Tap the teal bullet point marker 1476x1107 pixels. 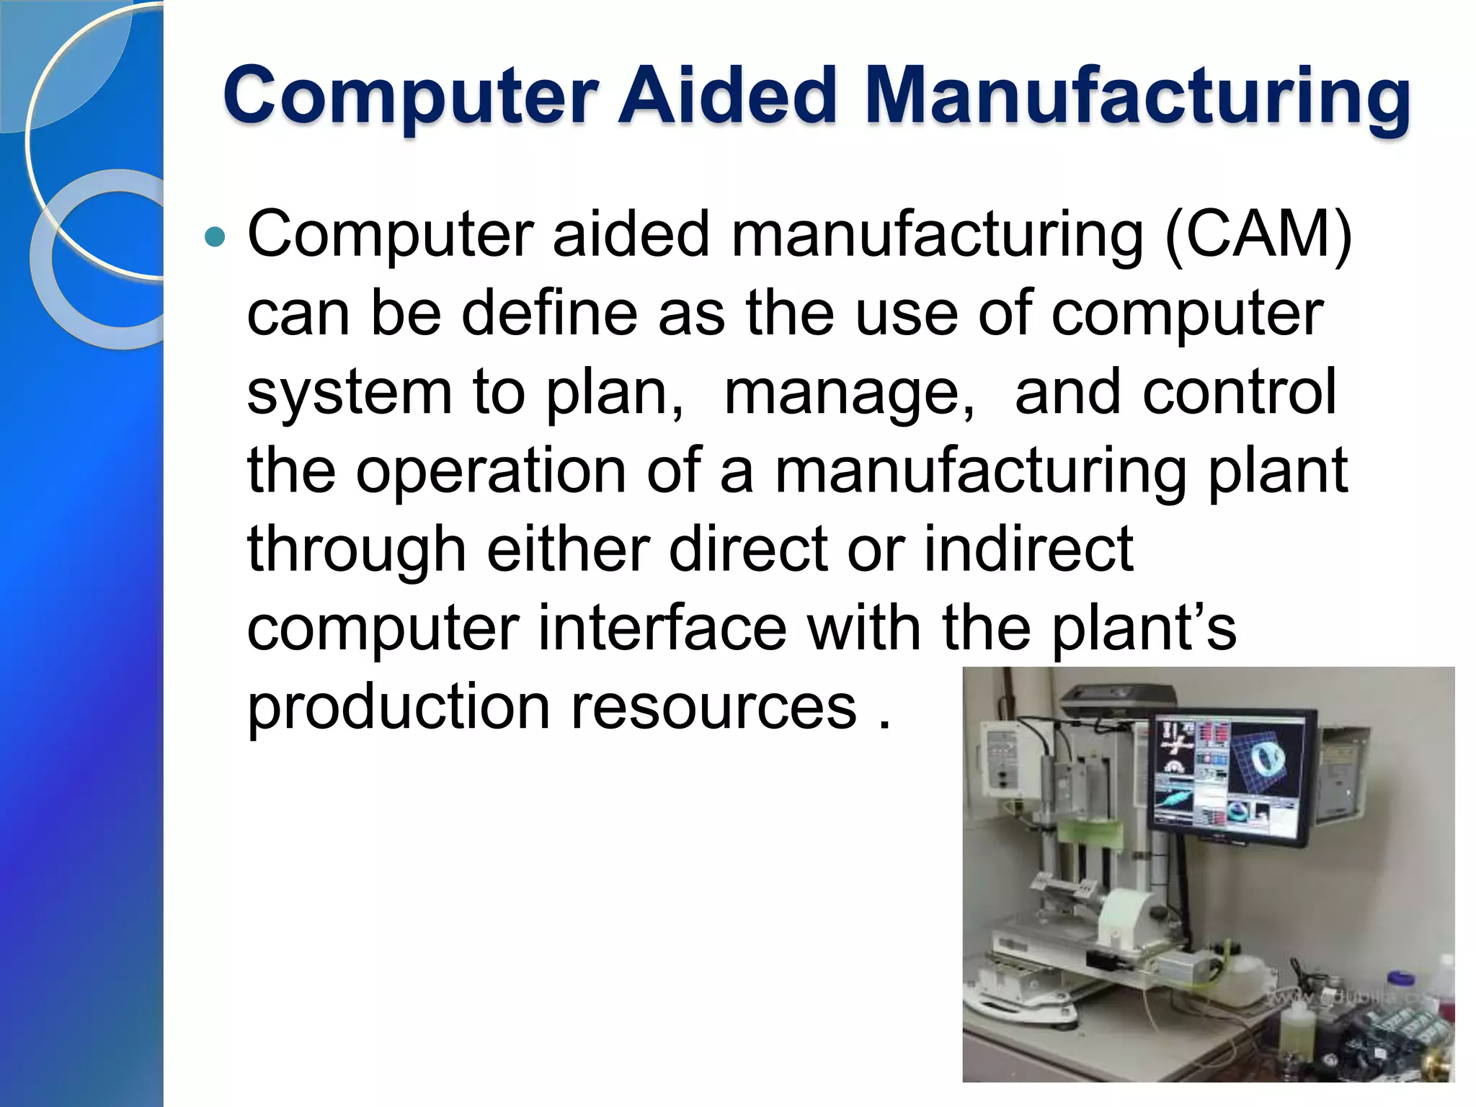[x=215, y=236]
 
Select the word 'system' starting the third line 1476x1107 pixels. [x=350, y=393]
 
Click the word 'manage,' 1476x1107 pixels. [x=849, y=393]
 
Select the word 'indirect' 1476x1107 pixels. [x=1029, y=549]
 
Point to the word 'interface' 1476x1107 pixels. [x=662, y=628]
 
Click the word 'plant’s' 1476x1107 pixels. [x=1144, y=628]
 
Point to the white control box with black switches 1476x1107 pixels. [x=1000, y=757]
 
